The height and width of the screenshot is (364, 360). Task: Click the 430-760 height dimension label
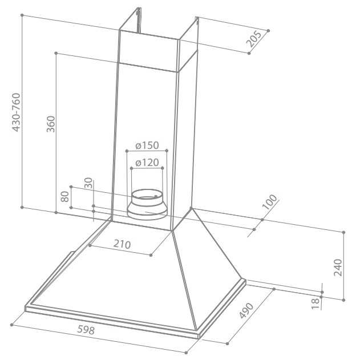point(16,112)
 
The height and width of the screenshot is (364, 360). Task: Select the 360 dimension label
point(51,124)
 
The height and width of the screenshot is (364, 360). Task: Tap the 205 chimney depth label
point(254,39)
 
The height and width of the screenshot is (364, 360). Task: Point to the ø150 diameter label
point(147,145)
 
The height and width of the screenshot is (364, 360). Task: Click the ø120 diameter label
point(147,163)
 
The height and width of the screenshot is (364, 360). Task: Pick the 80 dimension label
point(65,196)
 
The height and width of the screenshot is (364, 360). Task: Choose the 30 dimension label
point(88,183)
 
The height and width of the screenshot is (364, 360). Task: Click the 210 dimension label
point(122,244)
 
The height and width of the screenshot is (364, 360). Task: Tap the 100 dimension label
point(269,202)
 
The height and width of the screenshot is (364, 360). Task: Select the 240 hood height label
point(338,268)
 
